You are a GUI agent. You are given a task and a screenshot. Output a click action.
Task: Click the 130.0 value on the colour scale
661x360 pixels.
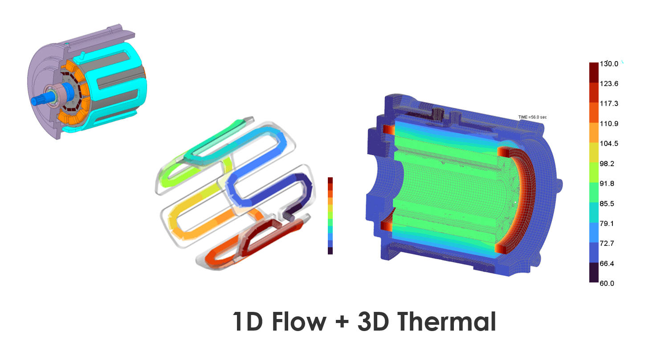[609, 64]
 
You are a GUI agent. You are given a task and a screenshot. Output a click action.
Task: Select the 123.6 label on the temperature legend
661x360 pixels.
[609, 84]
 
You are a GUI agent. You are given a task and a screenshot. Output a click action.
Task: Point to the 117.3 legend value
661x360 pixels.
[609, 103]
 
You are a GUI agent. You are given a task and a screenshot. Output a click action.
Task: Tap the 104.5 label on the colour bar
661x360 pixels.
[609, 144]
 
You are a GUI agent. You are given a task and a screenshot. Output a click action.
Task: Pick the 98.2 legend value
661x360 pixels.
[607, 164]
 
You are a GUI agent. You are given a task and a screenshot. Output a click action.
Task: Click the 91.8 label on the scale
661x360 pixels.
[607, 184]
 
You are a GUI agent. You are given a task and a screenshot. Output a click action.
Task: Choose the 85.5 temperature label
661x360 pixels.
[607, 204]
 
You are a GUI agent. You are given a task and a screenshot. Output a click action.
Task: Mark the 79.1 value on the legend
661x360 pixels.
[607, 224]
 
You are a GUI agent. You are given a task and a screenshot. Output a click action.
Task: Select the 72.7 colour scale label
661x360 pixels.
[607, 243]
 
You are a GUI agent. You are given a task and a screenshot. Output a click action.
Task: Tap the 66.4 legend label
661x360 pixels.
[607, 263]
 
